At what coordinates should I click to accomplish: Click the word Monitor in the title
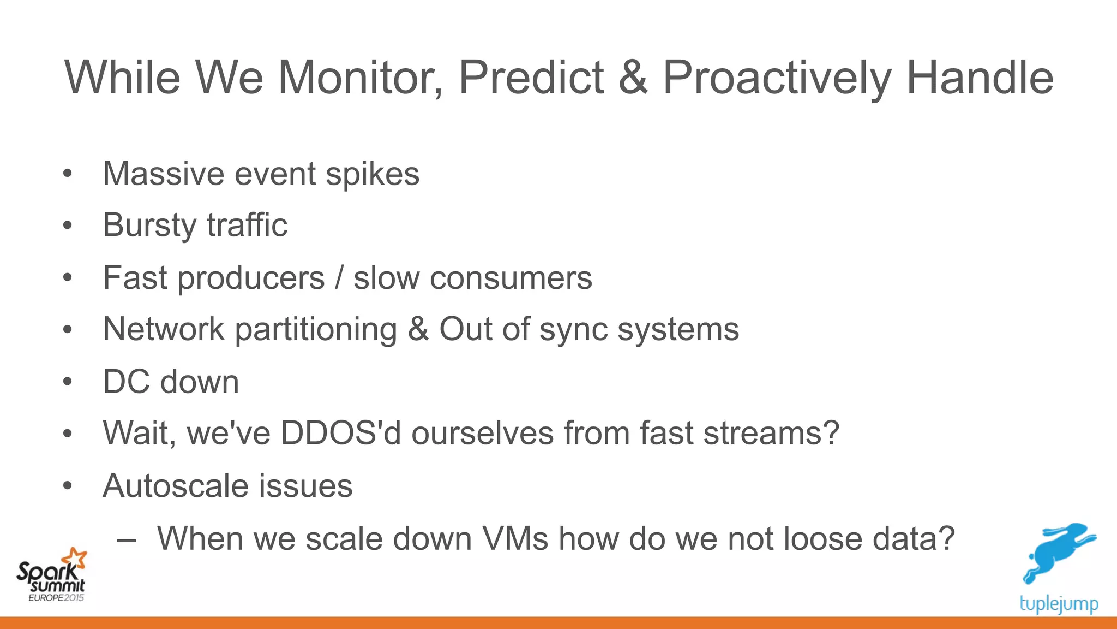click(x=360, y=78)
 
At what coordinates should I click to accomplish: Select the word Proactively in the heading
click(x=777, y=78)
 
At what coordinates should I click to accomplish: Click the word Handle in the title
click(x=980, y=78)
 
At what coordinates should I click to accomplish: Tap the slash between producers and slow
click(x=339, y=277)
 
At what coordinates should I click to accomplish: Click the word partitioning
click(x=316, y=330)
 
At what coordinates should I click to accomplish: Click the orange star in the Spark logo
click(x=75, y=559)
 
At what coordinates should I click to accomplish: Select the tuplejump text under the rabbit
click(x=1058, y=604)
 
